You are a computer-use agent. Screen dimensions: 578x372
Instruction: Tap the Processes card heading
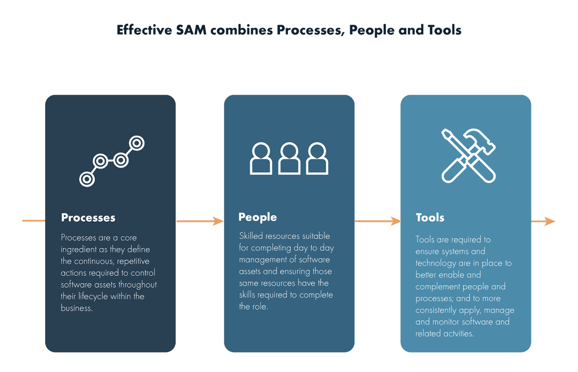tap(88, 218)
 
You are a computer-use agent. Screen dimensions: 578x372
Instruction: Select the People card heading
tap(258, 217)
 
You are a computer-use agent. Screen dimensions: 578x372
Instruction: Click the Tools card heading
tap(430, 218)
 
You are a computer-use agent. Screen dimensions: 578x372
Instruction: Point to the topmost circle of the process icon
tap(137, 143)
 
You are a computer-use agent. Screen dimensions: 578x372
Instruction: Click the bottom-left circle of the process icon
tap(87, 179)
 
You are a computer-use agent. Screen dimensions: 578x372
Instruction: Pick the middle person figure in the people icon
tap(289, 158)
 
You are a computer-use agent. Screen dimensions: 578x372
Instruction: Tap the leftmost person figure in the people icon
tap(261, 158)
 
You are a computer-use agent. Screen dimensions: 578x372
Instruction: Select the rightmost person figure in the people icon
tap(317, 158)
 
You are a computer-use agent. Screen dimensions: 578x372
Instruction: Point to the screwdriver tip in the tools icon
tap(446, 133)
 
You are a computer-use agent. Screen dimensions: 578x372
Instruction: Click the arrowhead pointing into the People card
tap(218, 221)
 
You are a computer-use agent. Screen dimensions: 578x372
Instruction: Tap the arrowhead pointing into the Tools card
tap(396, 221)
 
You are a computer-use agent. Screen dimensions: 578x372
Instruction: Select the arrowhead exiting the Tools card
tap(549, 221)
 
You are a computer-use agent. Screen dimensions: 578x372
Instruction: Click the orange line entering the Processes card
tap(34, 221)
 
